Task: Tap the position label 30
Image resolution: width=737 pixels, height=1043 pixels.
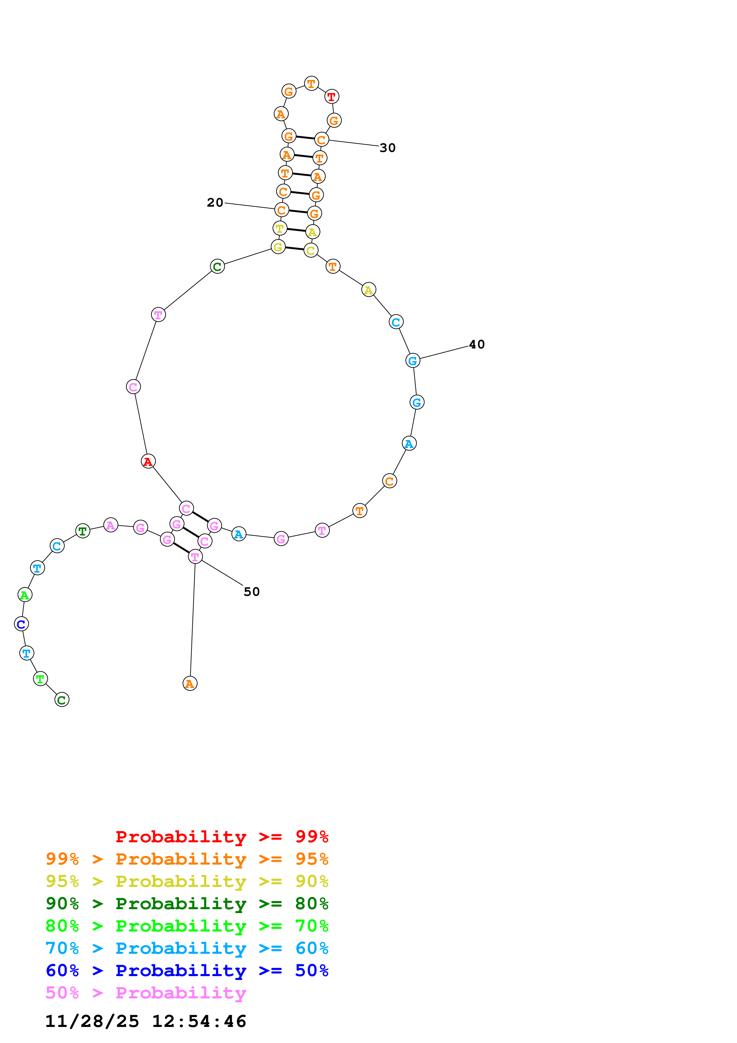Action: [387, 148]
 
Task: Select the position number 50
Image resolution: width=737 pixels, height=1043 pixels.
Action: [252, 591]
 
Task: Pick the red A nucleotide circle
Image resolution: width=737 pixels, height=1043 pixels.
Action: [148, 461]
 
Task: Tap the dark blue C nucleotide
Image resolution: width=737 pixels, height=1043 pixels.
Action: [21, 624]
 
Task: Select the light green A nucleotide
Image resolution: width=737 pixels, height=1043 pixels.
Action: [25, 595]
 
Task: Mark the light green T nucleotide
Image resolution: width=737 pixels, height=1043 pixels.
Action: [40, 679]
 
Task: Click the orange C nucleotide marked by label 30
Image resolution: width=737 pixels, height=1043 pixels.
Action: [321, 140]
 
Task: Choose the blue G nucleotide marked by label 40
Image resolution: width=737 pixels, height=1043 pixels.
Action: [412, 361]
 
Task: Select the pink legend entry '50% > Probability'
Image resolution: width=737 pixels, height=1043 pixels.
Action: [145, 992]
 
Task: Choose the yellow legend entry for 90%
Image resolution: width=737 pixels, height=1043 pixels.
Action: [187, 881]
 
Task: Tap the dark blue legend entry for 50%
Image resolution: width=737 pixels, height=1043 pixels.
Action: [187, 970]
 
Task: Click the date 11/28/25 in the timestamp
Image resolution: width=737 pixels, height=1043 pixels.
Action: [92, 1021]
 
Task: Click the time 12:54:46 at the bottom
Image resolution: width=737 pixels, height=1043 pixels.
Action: [199, 1021]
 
